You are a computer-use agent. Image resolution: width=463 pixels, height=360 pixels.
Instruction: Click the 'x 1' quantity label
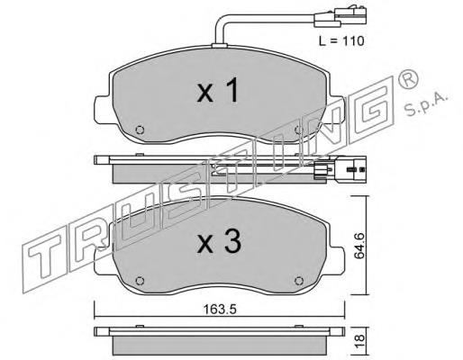(x=218, y=90)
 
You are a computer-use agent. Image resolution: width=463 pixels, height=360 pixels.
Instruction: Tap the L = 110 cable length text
(x=341, y=40)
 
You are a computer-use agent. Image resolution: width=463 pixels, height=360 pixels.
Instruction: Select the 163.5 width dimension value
(x=220, y=310)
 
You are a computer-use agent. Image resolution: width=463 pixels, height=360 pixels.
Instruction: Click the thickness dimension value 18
(x=360, y=341)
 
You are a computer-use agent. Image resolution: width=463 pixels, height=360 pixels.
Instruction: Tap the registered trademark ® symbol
(x=407, y=77)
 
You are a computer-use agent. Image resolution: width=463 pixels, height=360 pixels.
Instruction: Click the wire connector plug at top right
(x=340, y=17)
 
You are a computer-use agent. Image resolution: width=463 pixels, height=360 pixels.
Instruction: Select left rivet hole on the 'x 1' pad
(x=140, y=130)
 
